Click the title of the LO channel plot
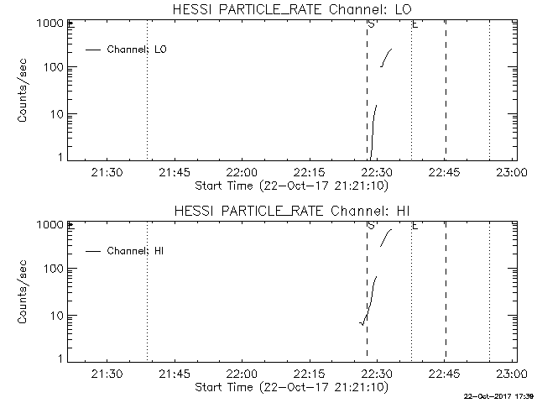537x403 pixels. (x=290, y=9)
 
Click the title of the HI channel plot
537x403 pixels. (x=290, y=210)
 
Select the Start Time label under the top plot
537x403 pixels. (x=290, y=185)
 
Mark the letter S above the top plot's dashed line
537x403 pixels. (x=370, y=24)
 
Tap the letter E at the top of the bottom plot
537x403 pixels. (x=414, y=225)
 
